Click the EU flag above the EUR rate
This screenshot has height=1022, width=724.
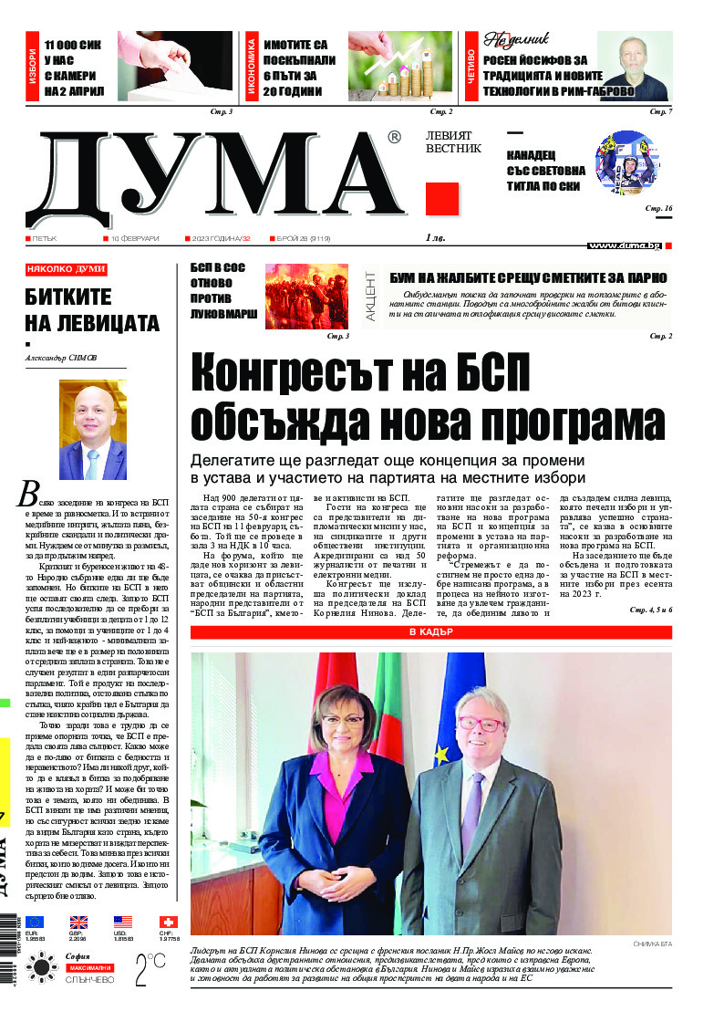pos(35,923)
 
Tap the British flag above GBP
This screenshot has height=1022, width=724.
pos(79,923)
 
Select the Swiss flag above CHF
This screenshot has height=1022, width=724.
pos(169,923)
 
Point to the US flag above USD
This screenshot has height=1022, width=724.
pos(123,923)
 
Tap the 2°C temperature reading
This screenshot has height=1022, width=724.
pos(150,969)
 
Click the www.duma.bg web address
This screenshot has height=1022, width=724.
pos(625,245)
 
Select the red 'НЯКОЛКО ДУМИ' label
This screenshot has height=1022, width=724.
pos(67,270)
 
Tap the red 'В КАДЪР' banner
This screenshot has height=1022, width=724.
pos(431,632)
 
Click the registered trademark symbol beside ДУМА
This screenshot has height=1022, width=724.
pos(394,138)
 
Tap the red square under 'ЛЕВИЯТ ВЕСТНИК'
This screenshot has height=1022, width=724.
pos(442,198)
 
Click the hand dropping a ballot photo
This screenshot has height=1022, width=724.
pos(175,66)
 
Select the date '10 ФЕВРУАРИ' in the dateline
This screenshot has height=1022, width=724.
pos(135,238)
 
